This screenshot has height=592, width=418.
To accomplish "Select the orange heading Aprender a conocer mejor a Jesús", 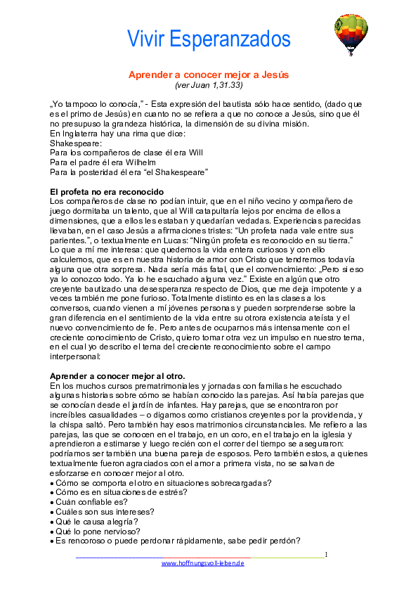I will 209,75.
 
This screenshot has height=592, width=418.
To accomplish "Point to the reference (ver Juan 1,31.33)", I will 209,85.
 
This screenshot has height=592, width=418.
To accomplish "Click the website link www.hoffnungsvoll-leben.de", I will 203,563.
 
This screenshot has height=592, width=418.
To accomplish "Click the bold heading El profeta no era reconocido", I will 107,192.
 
